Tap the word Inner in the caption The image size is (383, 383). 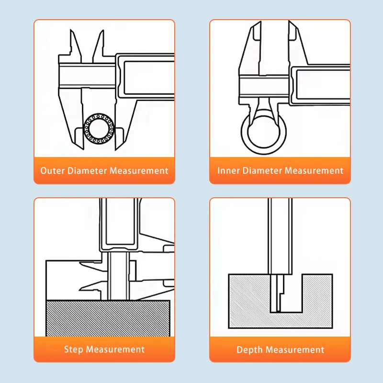coord(228,170)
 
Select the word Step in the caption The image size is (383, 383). coord(74,349)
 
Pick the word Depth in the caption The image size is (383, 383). coord(249,350)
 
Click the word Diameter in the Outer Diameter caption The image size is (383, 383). coord(87,170)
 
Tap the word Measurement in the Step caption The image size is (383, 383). coord(115,349)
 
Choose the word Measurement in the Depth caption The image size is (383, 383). coord(295,349)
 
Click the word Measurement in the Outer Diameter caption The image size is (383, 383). coord(139,170)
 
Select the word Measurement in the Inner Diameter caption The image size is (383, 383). coord(314,170)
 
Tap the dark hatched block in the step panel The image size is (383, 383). coord(108,318)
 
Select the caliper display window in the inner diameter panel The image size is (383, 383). coord(323,85)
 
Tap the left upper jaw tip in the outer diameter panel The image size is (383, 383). coord(71,30)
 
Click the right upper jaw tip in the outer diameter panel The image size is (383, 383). coord(103,31)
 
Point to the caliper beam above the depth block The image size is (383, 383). coord(280,236)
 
